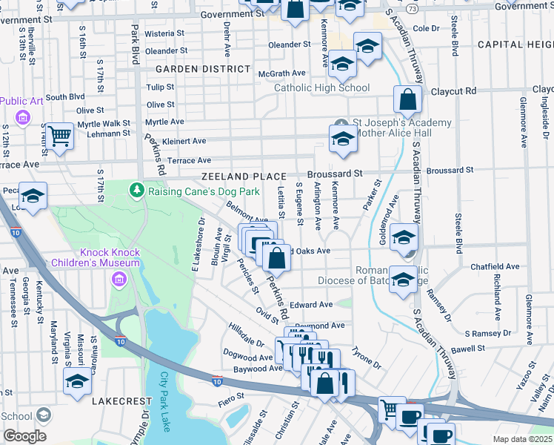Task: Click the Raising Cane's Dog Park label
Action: (204, 191)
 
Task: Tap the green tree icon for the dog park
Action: (136, 191)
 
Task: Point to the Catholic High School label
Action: (321, 88)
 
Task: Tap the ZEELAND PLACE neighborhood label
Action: (244, 177)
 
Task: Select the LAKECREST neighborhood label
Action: (121, 400)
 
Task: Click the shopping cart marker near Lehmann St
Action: (59, 136)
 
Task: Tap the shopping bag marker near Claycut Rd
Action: (407, 99)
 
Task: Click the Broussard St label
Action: (337, 173)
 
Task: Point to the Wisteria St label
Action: (164, 34)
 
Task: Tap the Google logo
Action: (24, 436)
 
